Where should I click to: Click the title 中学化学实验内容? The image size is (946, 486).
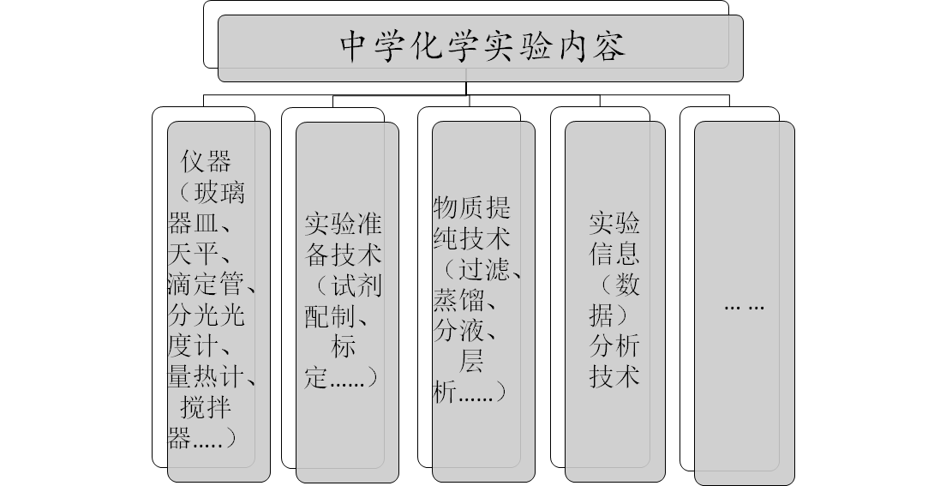482,47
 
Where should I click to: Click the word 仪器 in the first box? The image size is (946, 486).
207,161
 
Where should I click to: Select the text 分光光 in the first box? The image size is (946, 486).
207,315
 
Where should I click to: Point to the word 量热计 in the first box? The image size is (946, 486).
207,375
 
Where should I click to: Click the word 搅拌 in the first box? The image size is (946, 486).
207,406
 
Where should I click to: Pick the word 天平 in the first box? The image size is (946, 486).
195,253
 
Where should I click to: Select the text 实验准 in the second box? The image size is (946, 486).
344,225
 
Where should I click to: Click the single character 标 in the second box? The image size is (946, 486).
343,347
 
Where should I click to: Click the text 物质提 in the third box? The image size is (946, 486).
472,207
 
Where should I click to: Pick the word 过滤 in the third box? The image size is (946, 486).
485,269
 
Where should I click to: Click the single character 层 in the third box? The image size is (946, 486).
472,362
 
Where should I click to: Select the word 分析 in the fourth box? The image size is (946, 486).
614,346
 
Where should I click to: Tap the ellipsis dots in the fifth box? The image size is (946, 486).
744,306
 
